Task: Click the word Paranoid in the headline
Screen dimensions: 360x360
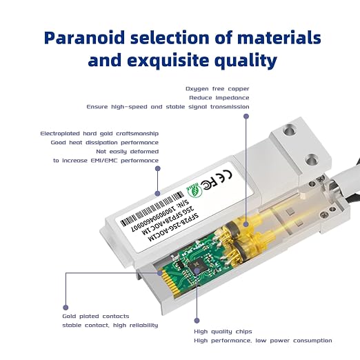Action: point(84,38)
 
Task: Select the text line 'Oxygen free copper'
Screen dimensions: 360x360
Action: point(217,89)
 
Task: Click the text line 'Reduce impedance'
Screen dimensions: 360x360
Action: point(219,98)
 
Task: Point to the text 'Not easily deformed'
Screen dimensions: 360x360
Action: point(128,152)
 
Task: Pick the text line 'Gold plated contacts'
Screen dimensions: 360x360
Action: point(96,316)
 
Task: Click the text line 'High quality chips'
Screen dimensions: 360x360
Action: point(223,332)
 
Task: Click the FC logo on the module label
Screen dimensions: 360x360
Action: point(208,184)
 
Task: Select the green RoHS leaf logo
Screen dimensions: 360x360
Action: point(194,191)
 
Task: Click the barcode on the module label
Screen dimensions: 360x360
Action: point(152,209)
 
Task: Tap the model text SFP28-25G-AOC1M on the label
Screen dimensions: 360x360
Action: point(172,228)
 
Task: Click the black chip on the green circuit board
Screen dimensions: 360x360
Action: point(196,266)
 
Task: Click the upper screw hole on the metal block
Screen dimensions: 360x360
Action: point(289,130)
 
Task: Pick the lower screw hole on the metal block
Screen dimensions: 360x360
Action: point(311,159)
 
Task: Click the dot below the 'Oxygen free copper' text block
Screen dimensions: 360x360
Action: point(246,117)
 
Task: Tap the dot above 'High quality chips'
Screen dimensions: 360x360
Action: point(197,321)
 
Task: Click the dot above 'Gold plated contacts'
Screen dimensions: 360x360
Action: point(66,308)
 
